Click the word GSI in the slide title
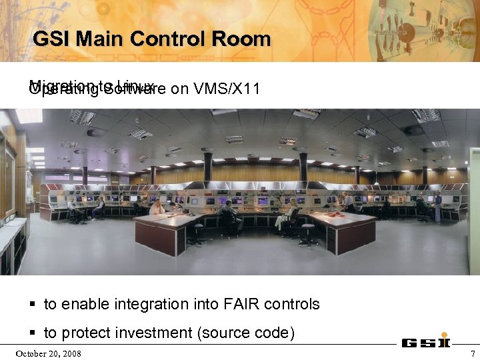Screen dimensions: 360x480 pos(52,39)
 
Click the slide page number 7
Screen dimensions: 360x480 pos(473,353)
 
